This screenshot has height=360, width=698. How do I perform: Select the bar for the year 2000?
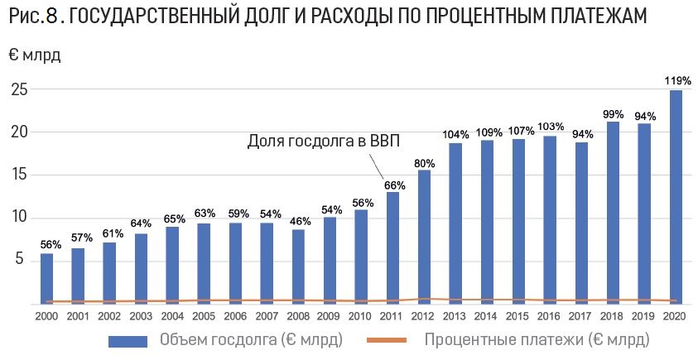click(x=47, y=278)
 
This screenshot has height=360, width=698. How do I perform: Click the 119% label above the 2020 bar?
click(x=677, y=81)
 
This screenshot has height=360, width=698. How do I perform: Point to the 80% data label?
click(x=425, y=163)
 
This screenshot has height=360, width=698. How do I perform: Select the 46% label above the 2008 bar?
click(x=299, y=222)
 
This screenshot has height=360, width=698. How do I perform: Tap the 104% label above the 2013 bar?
click(x=456, y=135)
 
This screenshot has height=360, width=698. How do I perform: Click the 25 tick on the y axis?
click(x=19, y=89)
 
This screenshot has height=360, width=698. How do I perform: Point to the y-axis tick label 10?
click(x=19, y=218)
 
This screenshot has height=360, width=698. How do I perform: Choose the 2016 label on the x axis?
click(x=551, y=316)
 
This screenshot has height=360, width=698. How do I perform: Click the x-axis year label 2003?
click(x=142, y=316)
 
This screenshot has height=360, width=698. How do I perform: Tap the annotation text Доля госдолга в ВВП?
click(x=324, y=142)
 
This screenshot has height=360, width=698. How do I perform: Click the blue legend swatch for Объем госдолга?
click(x=129, y=340)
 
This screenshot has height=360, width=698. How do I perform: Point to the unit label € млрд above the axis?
click(x=35, y=56)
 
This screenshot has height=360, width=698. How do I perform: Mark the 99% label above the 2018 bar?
click(x=614, y=114)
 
